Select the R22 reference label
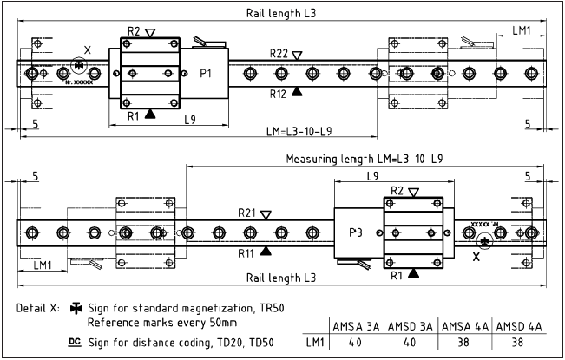pyautogui.click(x=279, y=54)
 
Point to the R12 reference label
pyautogui.click(x=279, y=92)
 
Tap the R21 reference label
pyautogui.click(x=248, y=213)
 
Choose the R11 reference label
pyautogui.click(x=248, y=252)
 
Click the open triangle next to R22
pyautogui.click(x=298, y=55)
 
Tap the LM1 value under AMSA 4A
pyautogui.click(x=464, y=344)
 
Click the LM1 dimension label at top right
pyautogui.click(x=522, y=30)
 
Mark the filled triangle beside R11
pyautogui.click(x=266, y=251)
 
